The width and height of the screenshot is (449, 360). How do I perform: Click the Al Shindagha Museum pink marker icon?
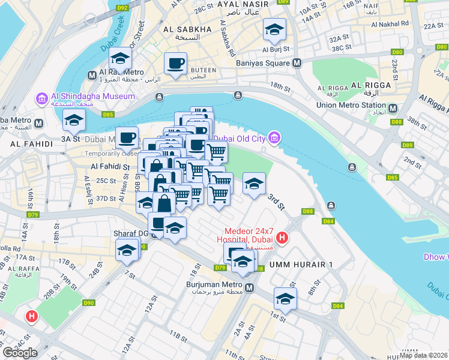(x=42, y=98)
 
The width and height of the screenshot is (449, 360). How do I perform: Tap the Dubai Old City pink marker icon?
(x=274, y=139)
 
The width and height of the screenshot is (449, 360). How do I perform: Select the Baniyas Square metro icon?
(x=297, y=63)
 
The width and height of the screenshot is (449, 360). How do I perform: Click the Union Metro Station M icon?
(x=393, y=108)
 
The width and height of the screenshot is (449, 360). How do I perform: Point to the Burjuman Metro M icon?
(x=249, y=288)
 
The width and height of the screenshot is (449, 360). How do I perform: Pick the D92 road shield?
(x=123, y=8)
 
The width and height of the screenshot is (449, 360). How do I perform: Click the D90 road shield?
(x=89, y=303)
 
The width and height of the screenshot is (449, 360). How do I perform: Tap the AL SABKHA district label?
(x=188, y=29)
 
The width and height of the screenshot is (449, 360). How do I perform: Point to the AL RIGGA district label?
(x=372, y=85)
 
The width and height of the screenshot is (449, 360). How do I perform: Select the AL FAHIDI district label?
(x=28, y=145)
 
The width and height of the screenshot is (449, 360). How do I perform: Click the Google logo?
(x=20, y=353)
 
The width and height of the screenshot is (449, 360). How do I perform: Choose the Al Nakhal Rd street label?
(x=390, y=24)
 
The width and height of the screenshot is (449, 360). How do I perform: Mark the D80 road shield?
(x=397, y=52)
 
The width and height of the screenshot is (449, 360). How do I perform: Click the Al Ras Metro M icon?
(x=92, y=76)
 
